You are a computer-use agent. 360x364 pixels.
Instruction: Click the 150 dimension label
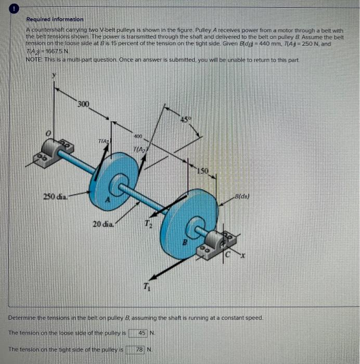point(202,171)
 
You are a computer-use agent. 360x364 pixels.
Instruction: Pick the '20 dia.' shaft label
point(101,224)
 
